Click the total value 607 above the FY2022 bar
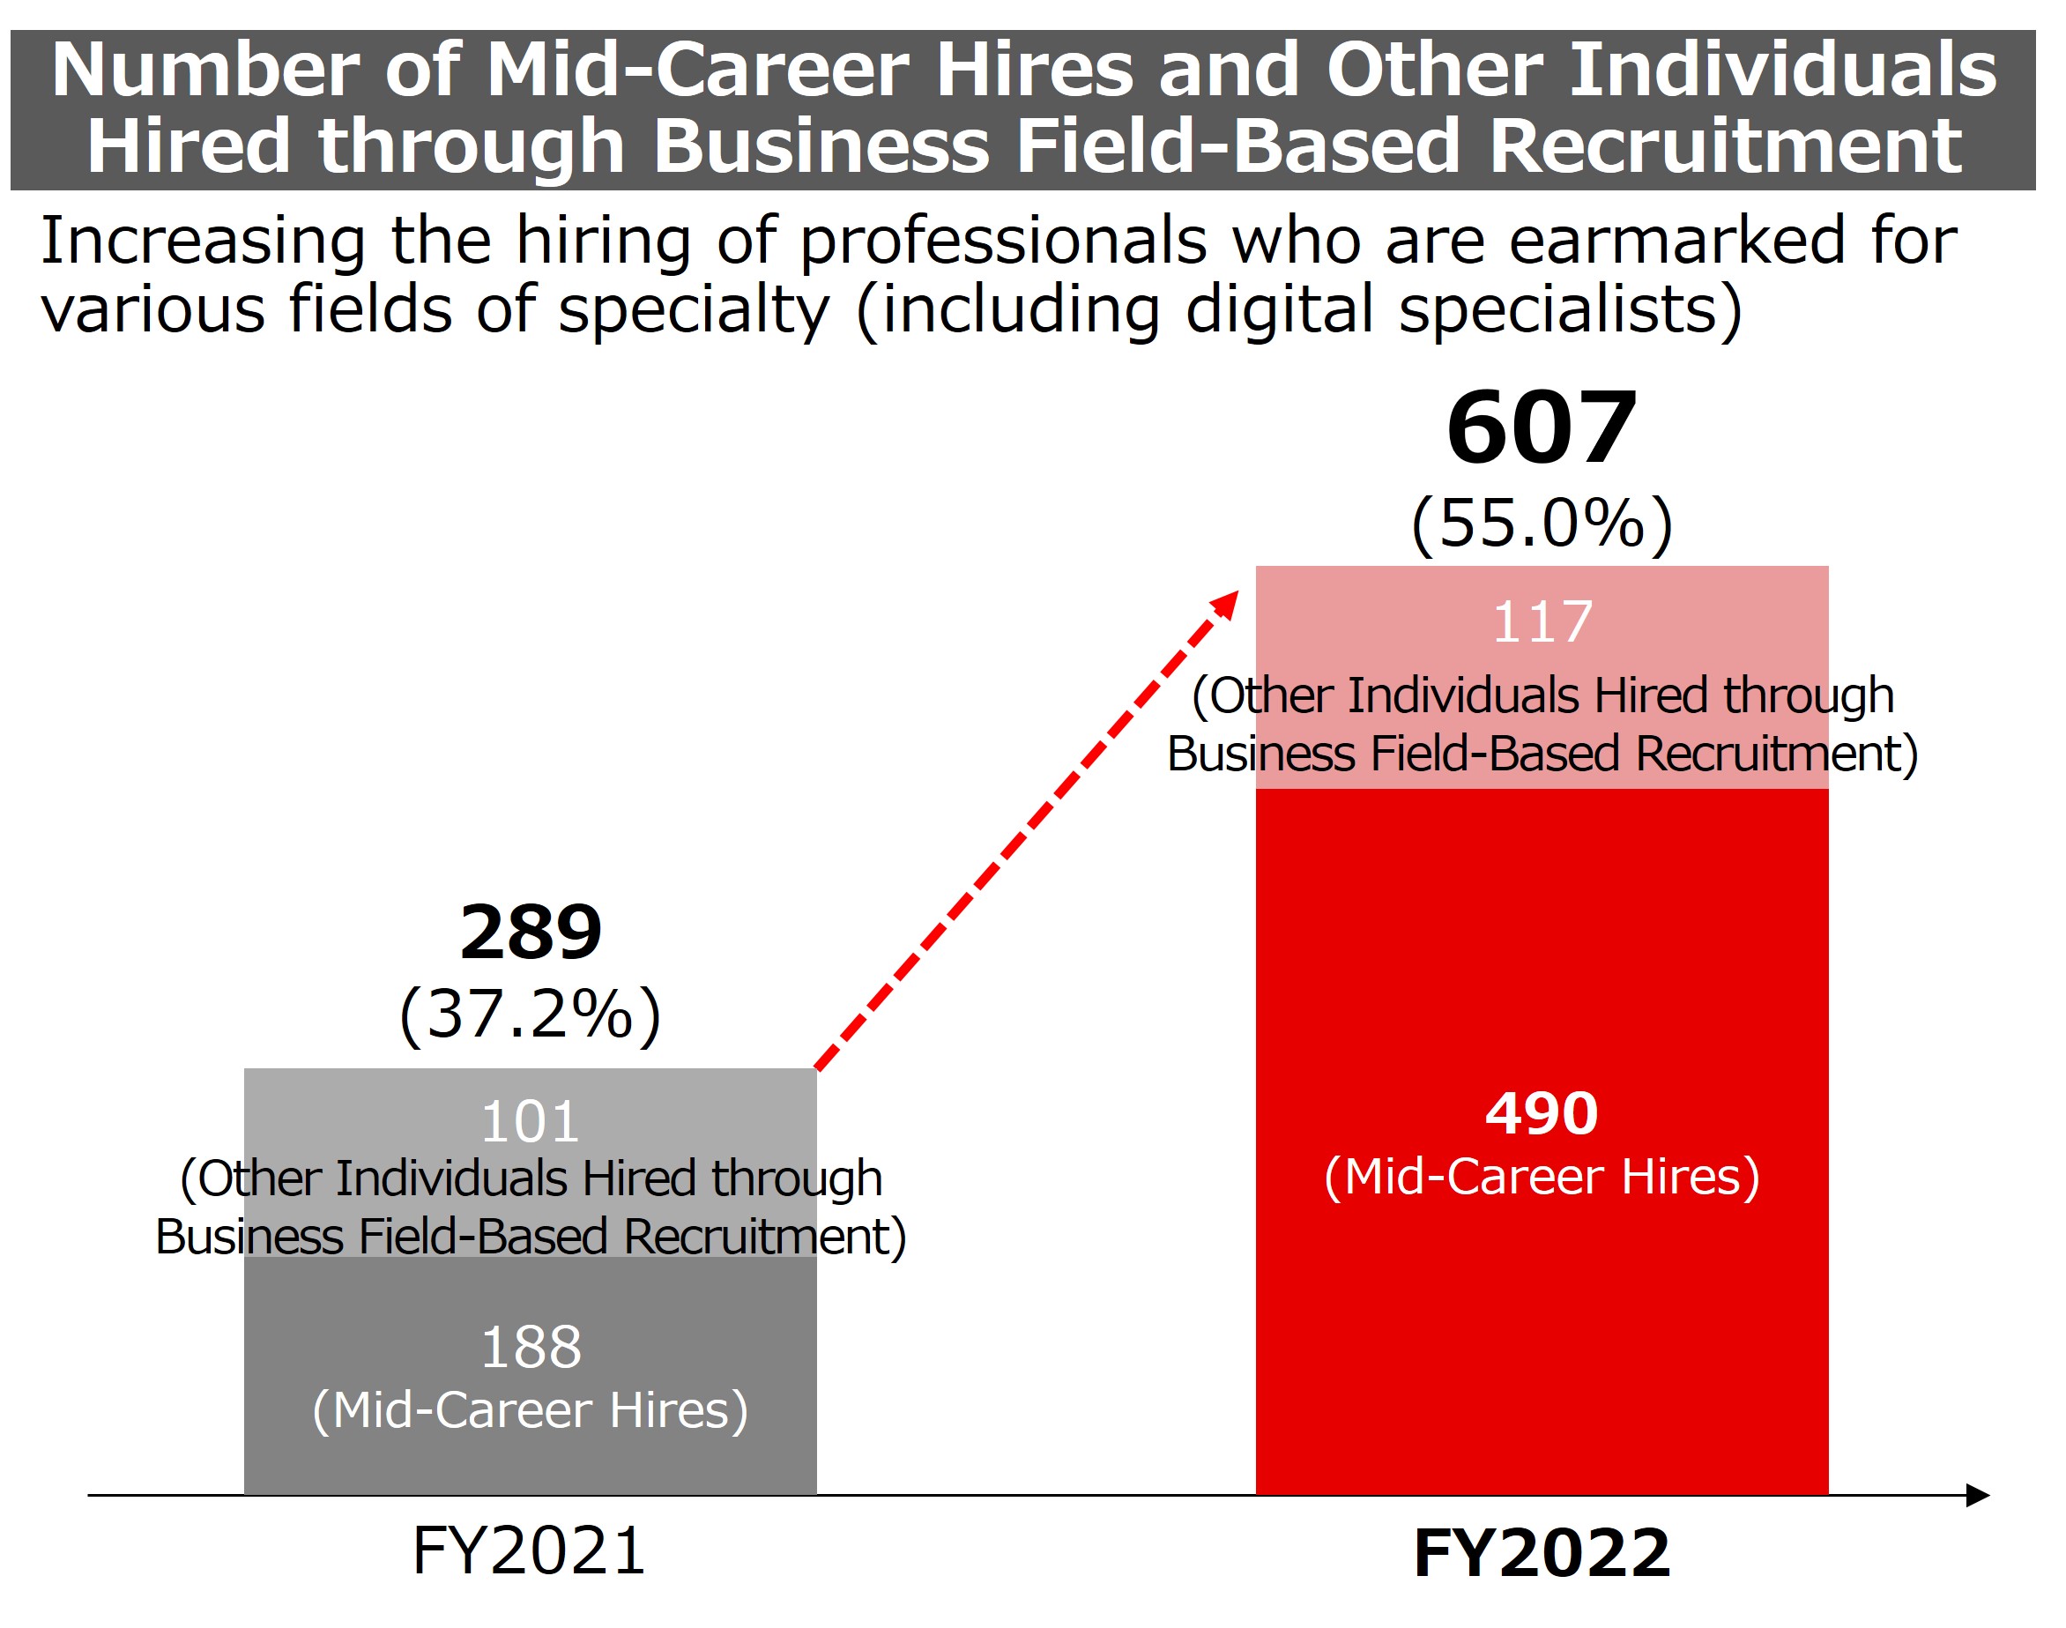[1541, 429]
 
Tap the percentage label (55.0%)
[1541, 524]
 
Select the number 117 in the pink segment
[1541, 622]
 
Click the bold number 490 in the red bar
[1541, 1113]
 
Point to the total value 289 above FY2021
[531, 933]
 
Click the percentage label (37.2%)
[531, 1014]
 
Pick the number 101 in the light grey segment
[531, 1122]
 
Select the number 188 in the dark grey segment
[531, 1347]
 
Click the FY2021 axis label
[530, 1550]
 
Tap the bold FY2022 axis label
[1541, 1554]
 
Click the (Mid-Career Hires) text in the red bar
[1541, 1178]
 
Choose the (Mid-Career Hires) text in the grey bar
[531, 1410]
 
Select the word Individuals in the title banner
[1782, 70]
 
